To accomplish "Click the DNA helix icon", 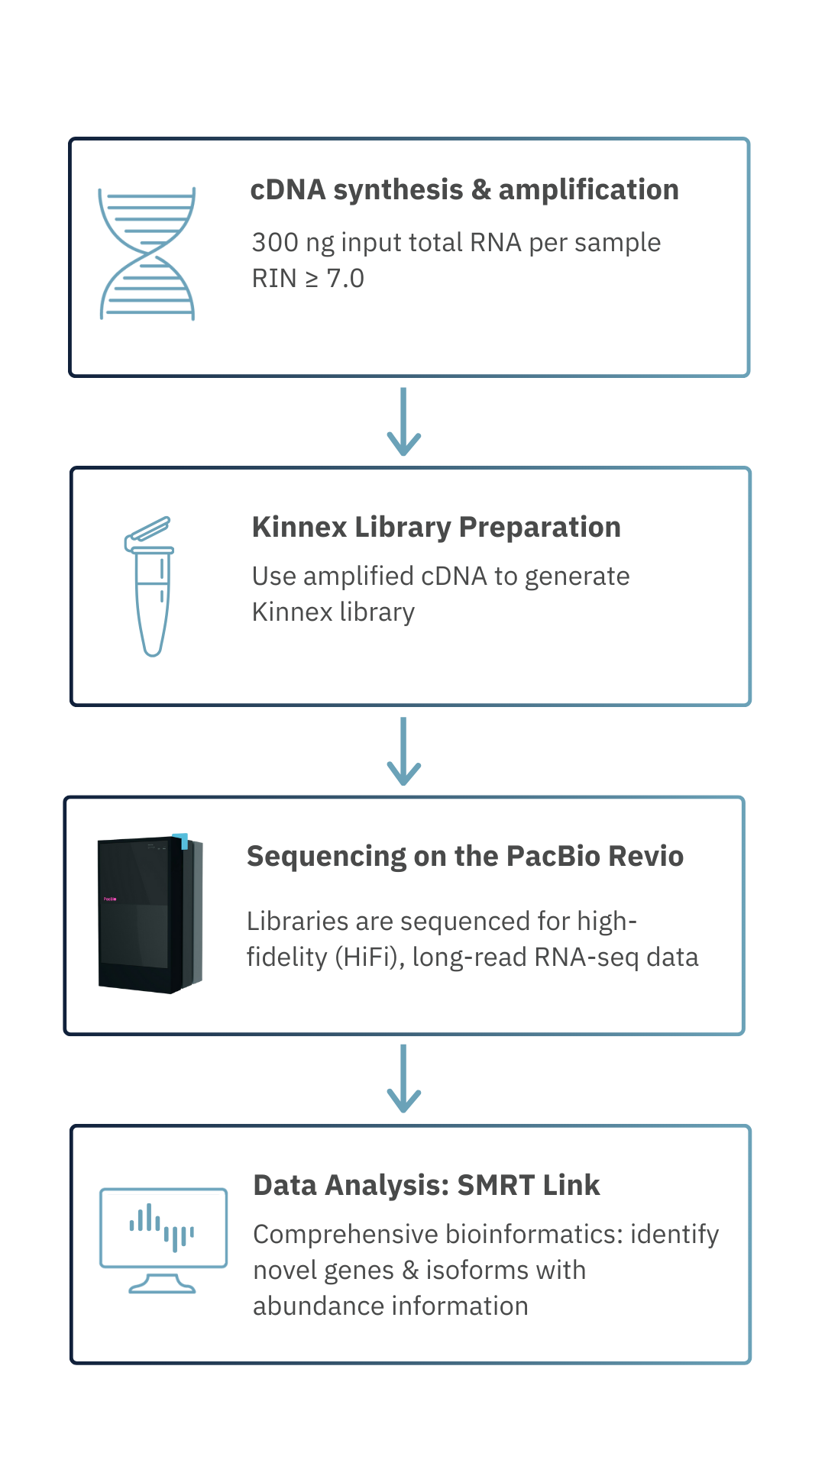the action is [x=147, y=253].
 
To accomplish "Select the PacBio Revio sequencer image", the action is [x=150, y=913].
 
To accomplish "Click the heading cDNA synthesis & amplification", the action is [x=464, y=190].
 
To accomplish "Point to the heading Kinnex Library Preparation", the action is [x=436, y=528].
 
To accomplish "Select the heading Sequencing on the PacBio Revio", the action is [x=464, y=857].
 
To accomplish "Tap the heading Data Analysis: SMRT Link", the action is [x=426, y=1186].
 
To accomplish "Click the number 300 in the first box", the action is [x=275, y=243].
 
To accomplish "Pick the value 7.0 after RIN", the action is [x=345, y=279].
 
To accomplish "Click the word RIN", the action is [x=274, y=279].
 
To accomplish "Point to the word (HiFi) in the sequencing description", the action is [x=370, y=957].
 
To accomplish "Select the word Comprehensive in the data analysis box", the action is [x=345, y=1235].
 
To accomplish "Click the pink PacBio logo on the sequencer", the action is [x=110, y=899].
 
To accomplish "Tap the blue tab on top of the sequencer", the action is [x=182, y=840].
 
